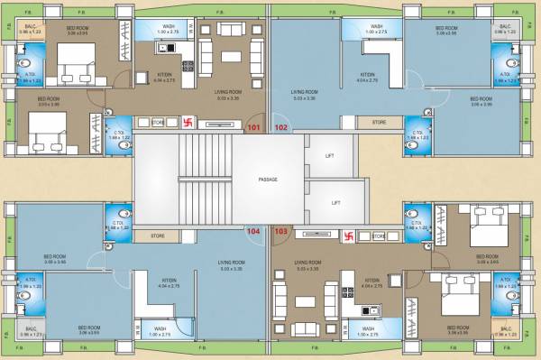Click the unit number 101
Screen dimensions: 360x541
click(x=253, y=128)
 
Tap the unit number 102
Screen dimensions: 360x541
click(x=281, y=128)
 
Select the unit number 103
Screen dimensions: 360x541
click(x=280, y=231)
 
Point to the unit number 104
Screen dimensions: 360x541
click(x=253, y=231)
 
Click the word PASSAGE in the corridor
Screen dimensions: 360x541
click(x=268, y=180)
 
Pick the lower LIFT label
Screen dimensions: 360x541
click(x=335, y=203)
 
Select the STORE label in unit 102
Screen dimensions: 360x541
click(x=380, y=122)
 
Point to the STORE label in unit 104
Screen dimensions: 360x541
click(x=157, y=237)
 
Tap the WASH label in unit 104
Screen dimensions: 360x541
click(x=159, y=328)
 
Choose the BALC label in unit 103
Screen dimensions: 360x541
click(x=505, y=328)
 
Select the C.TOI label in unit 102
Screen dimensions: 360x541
click(x=418, y=133)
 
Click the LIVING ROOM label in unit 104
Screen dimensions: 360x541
click(x=232, y=263)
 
